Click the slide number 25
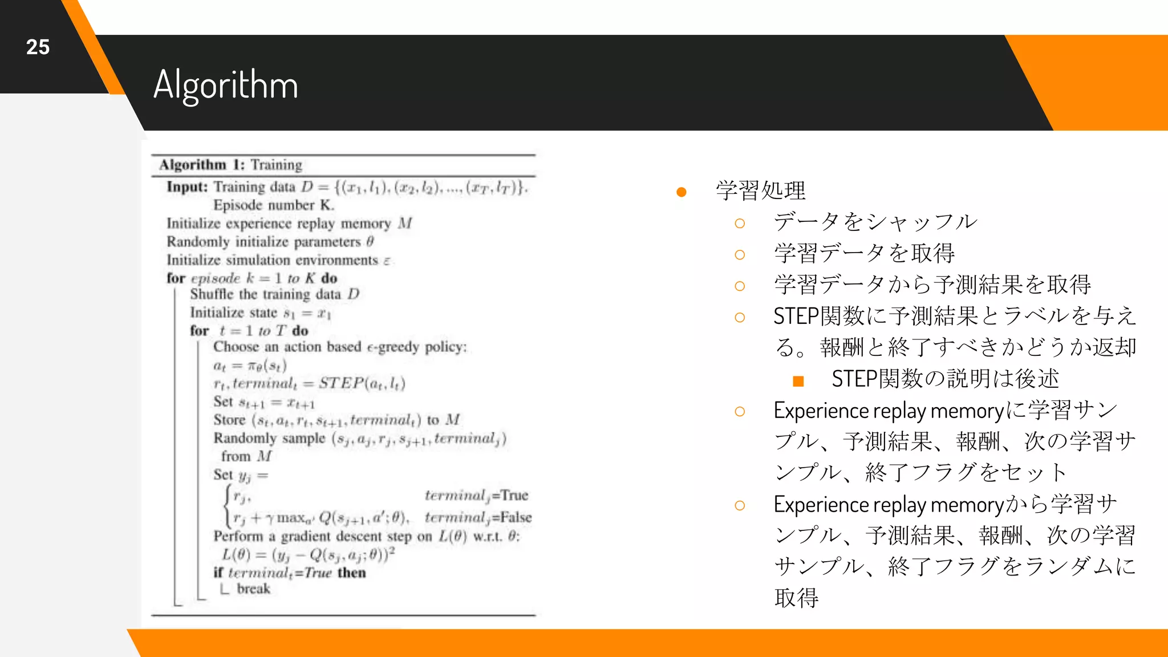pos(38,47)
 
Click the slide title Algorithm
pos(226,84)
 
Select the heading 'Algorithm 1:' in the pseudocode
pos(202,165)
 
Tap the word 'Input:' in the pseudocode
pos(187,187)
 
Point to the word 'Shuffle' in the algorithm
pos(212,294)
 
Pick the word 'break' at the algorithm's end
pos(253,589)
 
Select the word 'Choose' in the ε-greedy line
pos(236,347)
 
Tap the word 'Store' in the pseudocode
pos(229,420)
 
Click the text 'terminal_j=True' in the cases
pos(476,495)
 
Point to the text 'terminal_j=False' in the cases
pos(478,517)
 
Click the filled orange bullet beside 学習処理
pos(681,192)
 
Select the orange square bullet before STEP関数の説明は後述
pos(798,381)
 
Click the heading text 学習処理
pos(761,190)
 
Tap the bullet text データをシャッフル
pos(875,222)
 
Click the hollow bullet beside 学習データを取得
pos(740,255)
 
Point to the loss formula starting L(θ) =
pos(308,554)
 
